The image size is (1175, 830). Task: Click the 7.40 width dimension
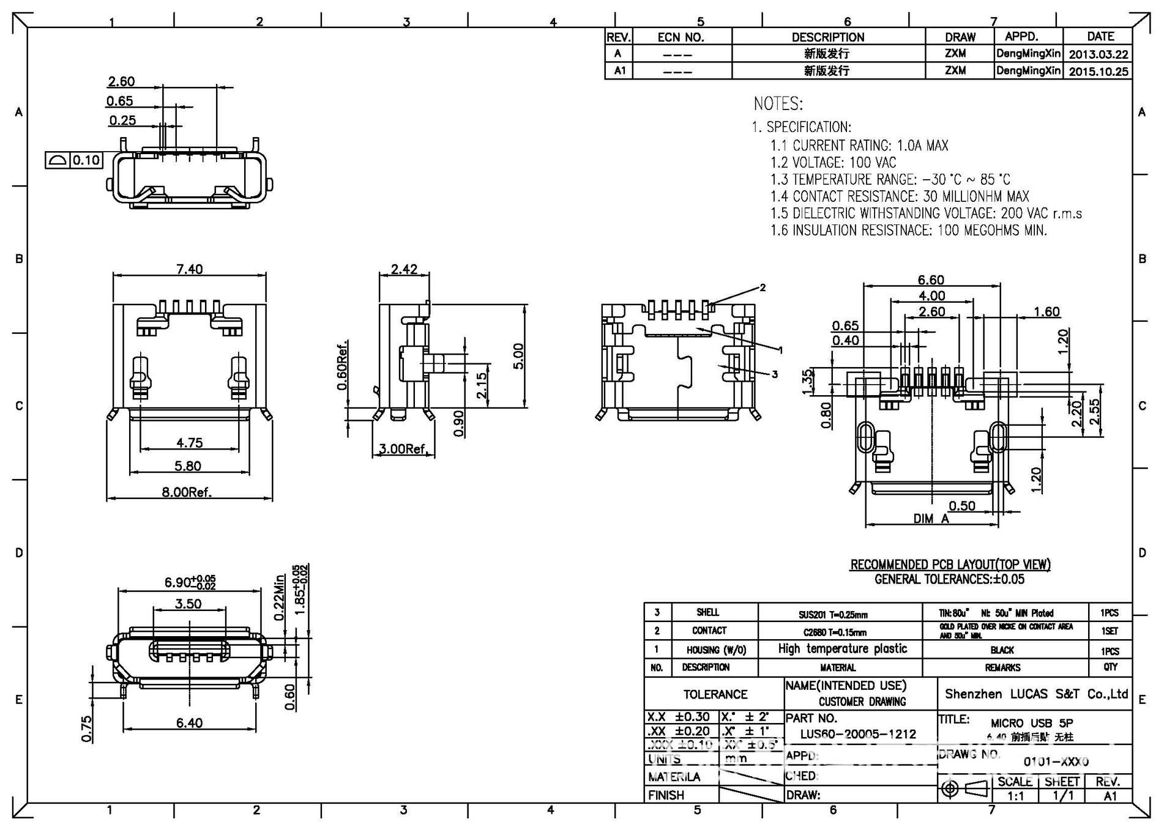pyautogui.click(x=189, y=269)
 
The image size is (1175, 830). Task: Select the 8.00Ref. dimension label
pyautogui.click(x=186, y=492)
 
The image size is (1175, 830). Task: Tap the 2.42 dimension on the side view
pyautogui.click(x=404, y=269)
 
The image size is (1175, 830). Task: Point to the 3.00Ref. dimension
pyautogui.click(x=402, y=449)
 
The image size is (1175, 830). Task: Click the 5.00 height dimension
pyautogui.click(x=518, y=356)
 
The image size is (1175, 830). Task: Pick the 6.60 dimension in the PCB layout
pyautogui.click(x=930, y=280)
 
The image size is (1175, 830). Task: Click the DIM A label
pyautogui.click(x=931, y=519)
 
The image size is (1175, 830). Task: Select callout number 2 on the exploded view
pyautogui.click(x=763, y=287)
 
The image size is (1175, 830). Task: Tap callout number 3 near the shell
pyautogui.click(x=774, y=374)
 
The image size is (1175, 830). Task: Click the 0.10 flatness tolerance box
pyautogui.click(x=86, y=160)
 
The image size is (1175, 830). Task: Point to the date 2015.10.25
pyautogui.click(x=1098, y=72)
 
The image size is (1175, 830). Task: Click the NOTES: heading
pyautogui.click(x=778, y=103)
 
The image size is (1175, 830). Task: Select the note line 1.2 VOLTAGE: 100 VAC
pyautogui.click(x=833, y=163)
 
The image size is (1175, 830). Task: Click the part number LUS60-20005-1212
pyautogui.click(x=858, y=734)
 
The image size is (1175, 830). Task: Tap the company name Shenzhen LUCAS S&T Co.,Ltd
pyautogui.click(x=1035, y=694)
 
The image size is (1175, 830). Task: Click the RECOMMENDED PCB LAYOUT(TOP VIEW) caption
pyautogui.click(x=950, y=564)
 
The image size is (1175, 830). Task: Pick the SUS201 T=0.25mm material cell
pyautogui.click(x=832, y=615)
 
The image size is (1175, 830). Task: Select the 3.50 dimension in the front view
pyautogui.click(x=188, y=604)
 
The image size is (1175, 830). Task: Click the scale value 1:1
pyautogui.click(x=1015, y=796)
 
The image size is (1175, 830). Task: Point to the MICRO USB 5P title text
pyautogui.click(x=1031, y=722)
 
